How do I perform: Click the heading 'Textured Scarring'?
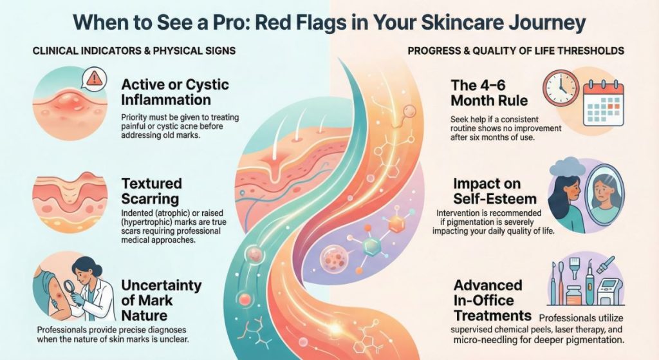point(152,191)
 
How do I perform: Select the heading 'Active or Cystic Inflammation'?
point(174,92)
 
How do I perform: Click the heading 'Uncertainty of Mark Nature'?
point(162,300)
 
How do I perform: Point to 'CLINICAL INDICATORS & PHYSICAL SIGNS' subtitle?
point(133,50)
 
